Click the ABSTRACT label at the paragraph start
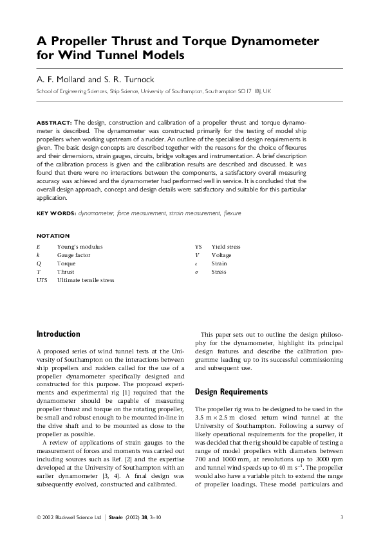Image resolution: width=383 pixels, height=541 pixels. point(54,121)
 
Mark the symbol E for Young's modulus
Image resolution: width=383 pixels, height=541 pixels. point(39,247)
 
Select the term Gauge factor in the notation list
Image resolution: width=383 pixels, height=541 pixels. point(74,255)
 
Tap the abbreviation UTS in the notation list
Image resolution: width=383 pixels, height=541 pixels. point(42,280)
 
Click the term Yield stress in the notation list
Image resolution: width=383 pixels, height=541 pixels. point(226,247)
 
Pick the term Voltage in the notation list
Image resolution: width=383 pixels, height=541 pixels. point(221,255)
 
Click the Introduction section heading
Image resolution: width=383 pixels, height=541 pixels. point(59,334)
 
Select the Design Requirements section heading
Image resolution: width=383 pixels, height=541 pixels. point(231,391)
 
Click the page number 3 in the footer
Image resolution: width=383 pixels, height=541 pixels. point(342,517)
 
